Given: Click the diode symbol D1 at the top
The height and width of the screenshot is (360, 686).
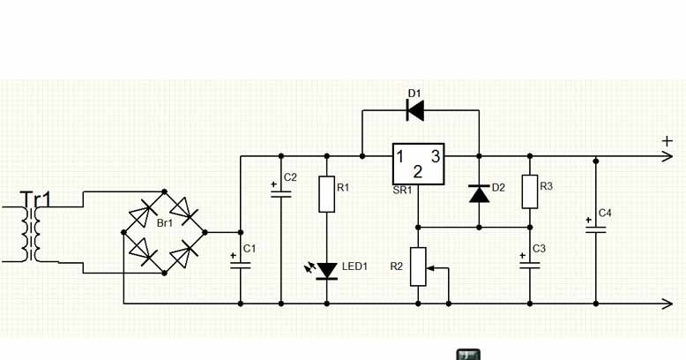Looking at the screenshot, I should (414, 110).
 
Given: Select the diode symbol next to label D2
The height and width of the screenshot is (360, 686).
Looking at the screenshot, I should (479, 192).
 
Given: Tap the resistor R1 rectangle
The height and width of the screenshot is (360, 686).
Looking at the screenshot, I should (326, 194).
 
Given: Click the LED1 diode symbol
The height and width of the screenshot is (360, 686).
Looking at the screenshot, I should (326, 269).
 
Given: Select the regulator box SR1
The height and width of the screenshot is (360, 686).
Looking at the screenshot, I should (418, 163).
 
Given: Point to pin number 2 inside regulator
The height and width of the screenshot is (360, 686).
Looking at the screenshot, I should (418, 172).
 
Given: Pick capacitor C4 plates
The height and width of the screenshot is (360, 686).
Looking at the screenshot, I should (595, 229).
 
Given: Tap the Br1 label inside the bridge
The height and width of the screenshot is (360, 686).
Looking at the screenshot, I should (164, 224).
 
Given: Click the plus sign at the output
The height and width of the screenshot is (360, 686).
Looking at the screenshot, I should (667, 140).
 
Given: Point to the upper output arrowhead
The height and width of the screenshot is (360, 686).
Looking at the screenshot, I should (667, 157).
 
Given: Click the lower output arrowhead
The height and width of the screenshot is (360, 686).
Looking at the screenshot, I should (667, 304).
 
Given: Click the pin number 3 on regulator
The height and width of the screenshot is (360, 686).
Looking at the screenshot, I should (435, 156).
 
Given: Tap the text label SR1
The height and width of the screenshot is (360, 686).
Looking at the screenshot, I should (402, 190).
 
